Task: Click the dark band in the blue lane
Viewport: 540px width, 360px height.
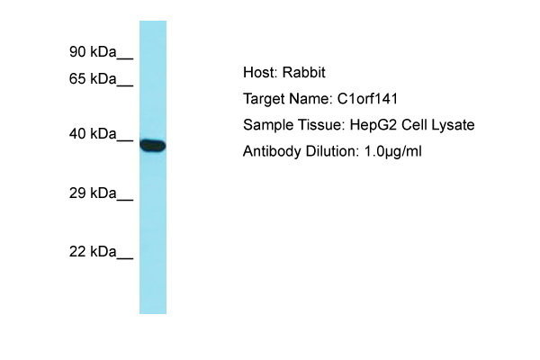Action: [x=153, y=145]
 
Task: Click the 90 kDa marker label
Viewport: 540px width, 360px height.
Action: [x=93, y=51]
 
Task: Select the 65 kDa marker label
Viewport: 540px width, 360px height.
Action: [x=93, y=78]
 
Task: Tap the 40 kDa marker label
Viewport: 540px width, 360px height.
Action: [x=93, y=133]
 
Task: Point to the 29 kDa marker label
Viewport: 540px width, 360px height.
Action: [x=93, y=193]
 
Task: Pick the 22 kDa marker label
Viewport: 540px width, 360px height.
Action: [x=93, y=251]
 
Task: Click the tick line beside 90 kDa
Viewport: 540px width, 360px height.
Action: [x=125, y=58]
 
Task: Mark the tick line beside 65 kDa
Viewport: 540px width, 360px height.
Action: [x=125, y=85]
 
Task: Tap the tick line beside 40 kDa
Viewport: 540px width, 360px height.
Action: [x=125, y=140]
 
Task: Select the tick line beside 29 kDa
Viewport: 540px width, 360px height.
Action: [x=125, y=200]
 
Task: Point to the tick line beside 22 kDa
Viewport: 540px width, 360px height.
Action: [x=125, y=258]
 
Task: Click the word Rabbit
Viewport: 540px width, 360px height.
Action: [x=304, y=72]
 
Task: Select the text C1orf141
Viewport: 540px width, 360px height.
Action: [x=367, y=99]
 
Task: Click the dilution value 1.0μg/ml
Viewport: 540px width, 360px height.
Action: [x=393, y=151]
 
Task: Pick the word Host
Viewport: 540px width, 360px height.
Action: [x=260, y=72]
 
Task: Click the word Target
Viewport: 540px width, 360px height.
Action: [x=264, y=99]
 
